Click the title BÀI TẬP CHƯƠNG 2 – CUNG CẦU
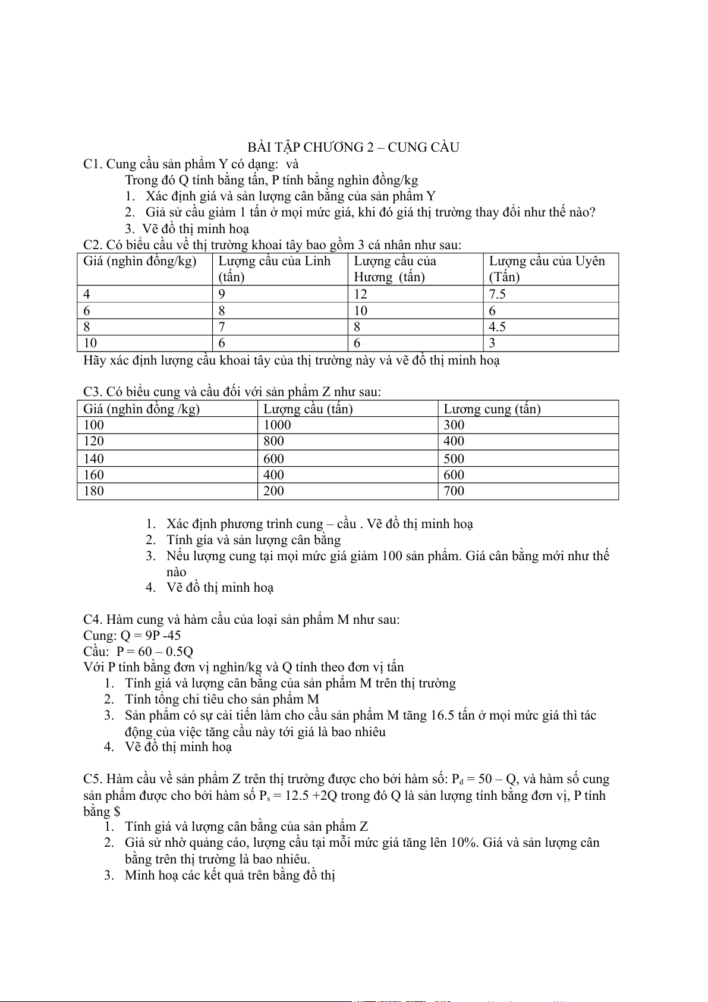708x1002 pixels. tap(353, 147)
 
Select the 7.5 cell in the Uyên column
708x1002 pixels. tap(497, 294)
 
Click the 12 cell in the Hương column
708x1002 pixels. tap(361, 294)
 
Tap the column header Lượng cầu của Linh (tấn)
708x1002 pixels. tap(274, 269)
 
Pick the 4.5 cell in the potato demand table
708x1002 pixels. tap(497, 327)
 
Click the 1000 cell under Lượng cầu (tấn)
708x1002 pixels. tap(277, 425)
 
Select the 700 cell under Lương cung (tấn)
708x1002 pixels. tap(454, 491)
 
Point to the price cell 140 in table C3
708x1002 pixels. tap(93, 459)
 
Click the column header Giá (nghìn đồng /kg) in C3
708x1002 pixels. tap(141, 409)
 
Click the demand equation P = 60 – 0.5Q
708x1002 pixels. tap(155, 652)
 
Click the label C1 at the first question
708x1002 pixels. tap(93, 164)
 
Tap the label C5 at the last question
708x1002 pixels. tap(93, 779)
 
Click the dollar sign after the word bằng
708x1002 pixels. tap(117, 812)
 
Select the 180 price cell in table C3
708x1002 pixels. tap(93, 491)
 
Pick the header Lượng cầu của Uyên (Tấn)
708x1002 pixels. tap(546, 269)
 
